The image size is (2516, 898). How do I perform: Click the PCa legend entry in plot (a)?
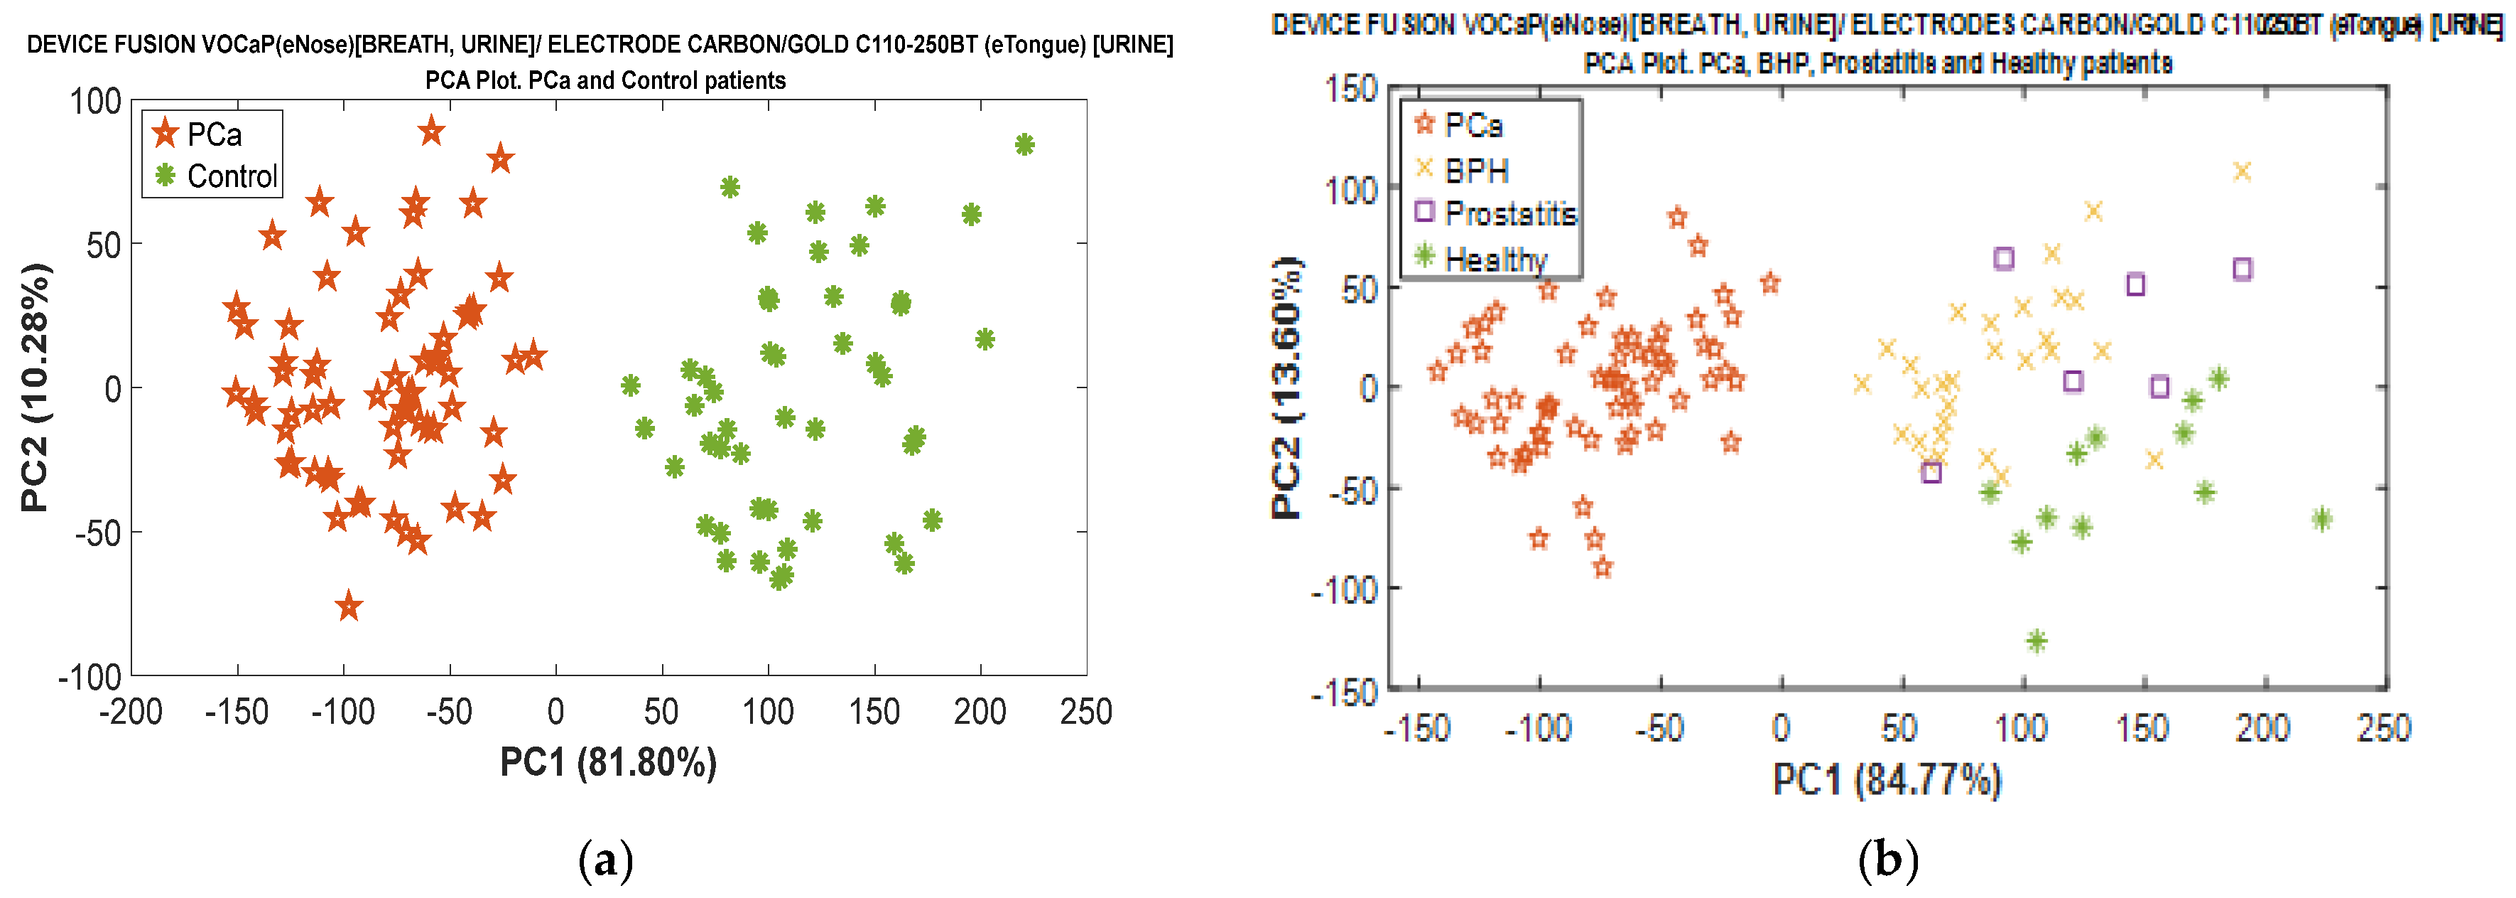click(x=213, y=134)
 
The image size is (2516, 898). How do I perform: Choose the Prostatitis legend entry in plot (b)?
click(x=1509, y=213)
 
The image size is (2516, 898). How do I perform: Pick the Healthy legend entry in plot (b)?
click(x=1495, y=259)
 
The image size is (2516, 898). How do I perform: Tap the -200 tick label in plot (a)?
click(x=131, y=712)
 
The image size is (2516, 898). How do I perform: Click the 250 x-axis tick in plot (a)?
click(x=1086, y=712)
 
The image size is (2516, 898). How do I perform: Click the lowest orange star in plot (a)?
click(x=349, y=606)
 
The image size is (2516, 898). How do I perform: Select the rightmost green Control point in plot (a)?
click(x=1024, y=144)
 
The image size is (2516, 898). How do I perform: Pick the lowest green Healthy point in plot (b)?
click(x=2037, y=641)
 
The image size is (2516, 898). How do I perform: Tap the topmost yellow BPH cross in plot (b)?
click(x=2243, y=172)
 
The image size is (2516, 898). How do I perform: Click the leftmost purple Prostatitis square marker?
click(x=1931, y=472)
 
